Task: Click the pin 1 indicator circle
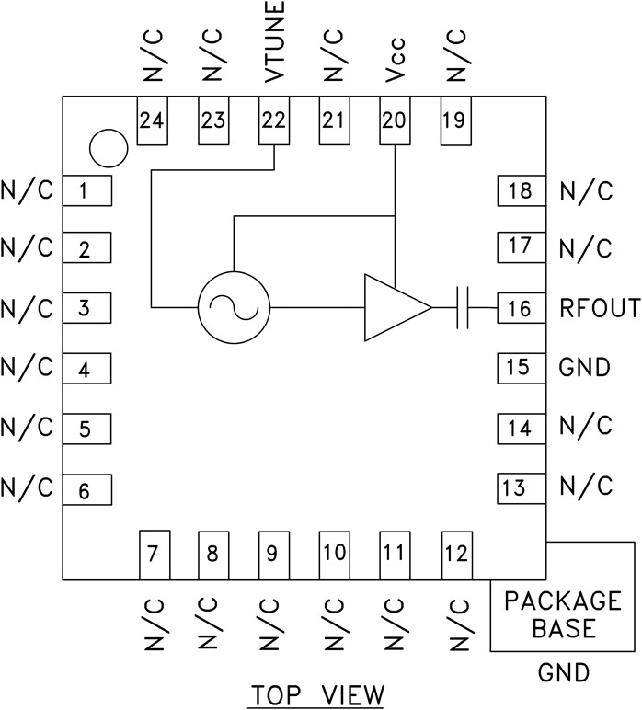108,145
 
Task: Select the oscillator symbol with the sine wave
234,307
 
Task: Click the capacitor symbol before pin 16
463,307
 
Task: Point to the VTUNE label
273,43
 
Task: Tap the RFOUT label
599,308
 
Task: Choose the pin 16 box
521,308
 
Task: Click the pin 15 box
521,368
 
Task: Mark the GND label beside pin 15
584,368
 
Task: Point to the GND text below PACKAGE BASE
563,674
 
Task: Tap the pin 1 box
86,191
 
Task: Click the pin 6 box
86,490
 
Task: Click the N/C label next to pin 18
585,191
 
